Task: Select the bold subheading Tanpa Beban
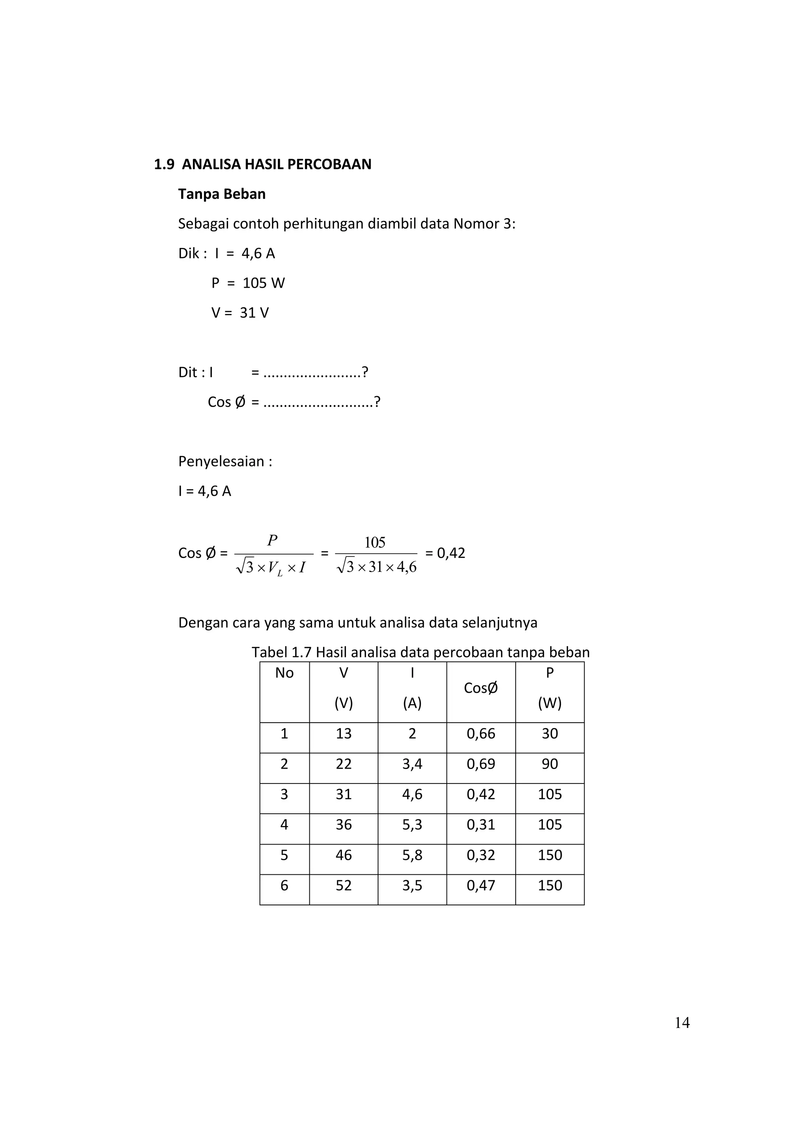coord(222,194)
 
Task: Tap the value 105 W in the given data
coord(263,283)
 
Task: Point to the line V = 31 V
coord(240,313)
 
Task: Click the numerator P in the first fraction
coord(272,540)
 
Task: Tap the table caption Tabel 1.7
coord(281,652)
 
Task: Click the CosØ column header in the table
coord(480,688)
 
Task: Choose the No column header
coord(284,673)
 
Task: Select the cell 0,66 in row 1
coord(480,734)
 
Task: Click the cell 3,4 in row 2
coord(412,764)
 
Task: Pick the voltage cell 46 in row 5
coord(344,855)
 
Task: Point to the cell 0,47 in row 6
coord(480,885)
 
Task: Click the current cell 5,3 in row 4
coord(412,824)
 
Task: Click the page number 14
coord(682,1022)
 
